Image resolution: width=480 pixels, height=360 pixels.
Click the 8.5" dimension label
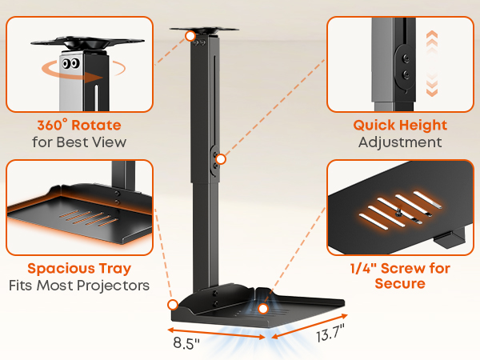click(x=186, y=343)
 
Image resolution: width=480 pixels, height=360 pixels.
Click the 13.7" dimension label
click(x=330, y=334)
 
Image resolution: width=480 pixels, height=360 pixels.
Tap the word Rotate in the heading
click(x=96, y=125)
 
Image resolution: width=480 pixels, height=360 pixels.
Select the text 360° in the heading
click(x=52, y=125)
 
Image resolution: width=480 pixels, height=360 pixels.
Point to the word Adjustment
click(x=400, y=142)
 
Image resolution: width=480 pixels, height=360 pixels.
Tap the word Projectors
click(x=113, y=286)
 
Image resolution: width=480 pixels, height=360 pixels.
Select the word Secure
click(x=400, y=283)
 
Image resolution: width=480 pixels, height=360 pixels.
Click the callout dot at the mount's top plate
click(x=190, y=36)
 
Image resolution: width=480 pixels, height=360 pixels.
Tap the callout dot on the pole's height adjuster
click(x=221, y=159)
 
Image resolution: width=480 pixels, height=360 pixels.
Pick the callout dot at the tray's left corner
click(x=173, y=305)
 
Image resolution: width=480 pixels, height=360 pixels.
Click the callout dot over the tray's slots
click(x=263, y=309)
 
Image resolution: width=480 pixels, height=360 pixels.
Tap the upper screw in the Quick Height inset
click(x=406, y=58)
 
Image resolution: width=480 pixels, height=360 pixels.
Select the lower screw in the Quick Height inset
click(x=406, y=74)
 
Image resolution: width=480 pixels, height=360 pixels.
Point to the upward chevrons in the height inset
click(x=432, y=40)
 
